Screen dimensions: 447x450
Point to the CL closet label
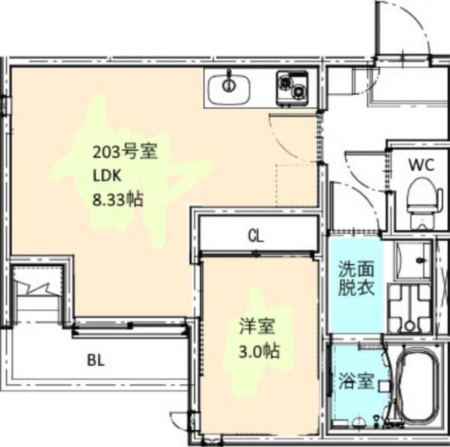coord(256,236)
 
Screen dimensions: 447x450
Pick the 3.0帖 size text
coord(259,350)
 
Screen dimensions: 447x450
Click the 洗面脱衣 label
coord(355,277)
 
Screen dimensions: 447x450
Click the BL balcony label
coord(95,359)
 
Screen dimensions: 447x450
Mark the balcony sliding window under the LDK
coord(129,326)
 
